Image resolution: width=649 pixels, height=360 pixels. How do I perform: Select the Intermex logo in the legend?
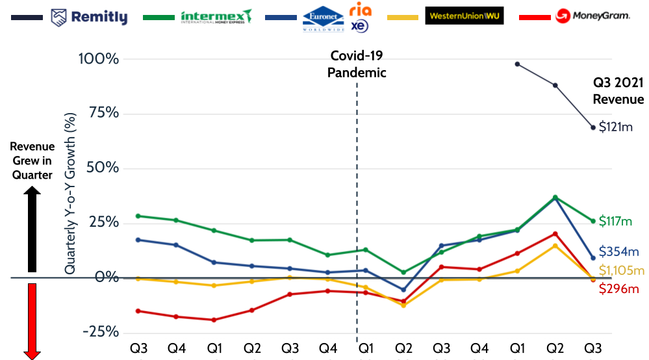pyautogui.click(x=216, y=16)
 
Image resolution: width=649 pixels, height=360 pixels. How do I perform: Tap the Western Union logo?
pyautogui.click(x=464, y=16)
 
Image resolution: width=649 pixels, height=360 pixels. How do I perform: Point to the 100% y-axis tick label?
pyautogui.click(x=99, y=59)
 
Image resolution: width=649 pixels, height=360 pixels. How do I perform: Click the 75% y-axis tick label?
pyautogui.click(x=103, y=113)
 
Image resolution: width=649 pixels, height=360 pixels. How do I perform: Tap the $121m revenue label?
pyautogui.click(x=615, y=127)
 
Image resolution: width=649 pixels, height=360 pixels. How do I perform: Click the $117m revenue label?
pyautogui.click(x=615, y=222)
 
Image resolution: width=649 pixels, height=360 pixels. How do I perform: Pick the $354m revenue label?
pyautogui.click(x=618, y=251)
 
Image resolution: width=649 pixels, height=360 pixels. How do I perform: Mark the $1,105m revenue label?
pyautogui.click(x=621, y=270)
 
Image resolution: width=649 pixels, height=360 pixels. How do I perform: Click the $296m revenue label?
pyautogui.click(x=618, y=289)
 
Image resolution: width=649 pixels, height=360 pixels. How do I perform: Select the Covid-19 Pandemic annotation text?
pyautogui.click(x=357, y=64)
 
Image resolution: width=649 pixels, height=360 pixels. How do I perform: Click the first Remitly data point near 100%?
pyautogui.click(x=517, y=64)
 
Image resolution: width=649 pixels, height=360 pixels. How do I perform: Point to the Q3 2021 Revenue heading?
pyautogui.click(x=618, y=91)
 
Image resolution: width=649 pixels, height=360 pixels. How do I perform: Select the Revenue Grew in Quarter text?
pyautogui.click(x=32, y=161)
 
